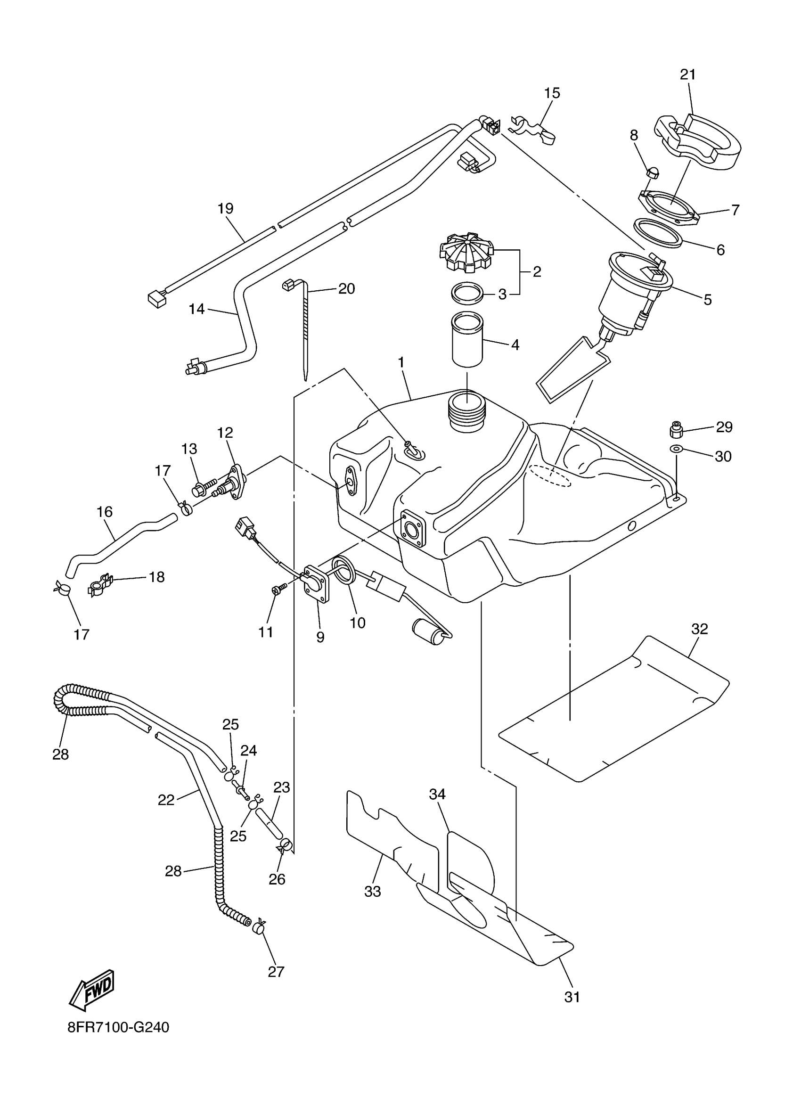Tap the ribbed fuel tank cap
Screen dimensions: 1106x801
465,251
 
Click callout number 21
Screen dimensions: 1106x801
688,74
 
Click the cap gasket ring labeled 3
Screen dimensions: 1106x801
467,294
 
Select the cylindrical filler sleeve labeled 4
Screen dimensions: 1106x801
467,339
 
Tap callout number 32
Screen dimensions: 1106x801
699,630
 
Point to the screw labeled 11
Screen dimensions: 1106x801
278,590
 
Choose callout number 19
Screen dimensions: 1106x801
225,209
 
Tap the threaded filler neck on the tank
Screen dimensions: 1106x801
467,418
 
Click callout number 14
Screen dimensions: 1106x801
196,309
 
